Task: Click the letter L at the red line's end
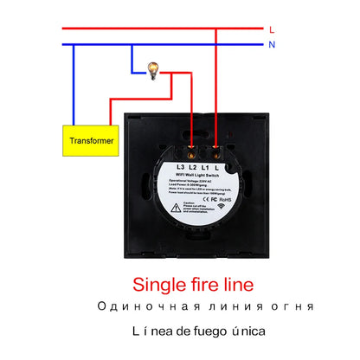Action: coord(272,28)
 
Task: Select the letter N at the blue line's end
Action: coord(272,44)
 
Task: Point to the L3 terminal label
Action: coord(181,166)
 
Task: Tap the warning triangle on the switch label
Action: coord(177,207)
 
